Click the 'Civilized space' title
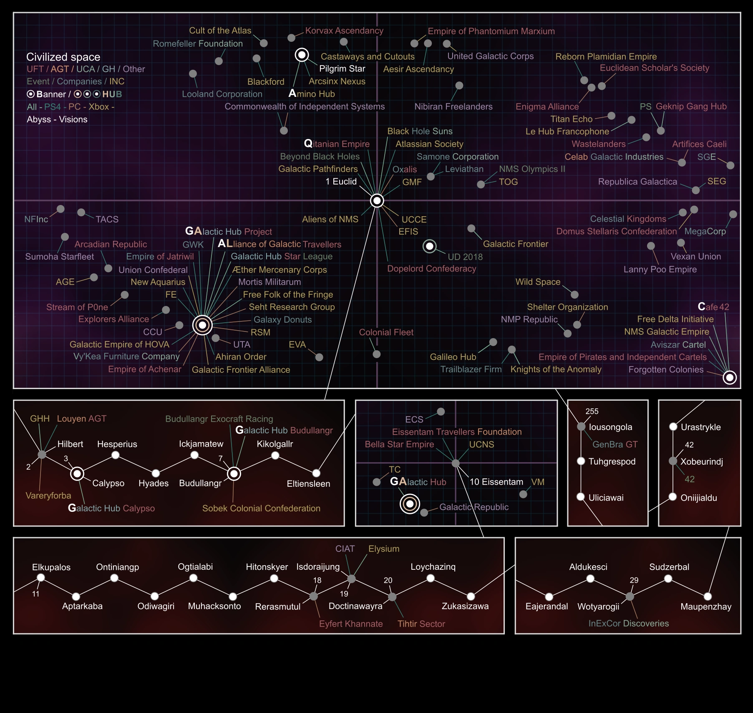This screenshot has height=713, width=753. tap(63, 57)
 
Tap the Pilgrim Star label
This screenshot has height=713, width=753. tap(342, 69)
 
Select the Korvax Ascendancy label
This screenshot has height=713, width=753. tap(344, 31)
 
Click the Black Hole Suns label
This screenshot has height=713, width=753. tap(420, 131)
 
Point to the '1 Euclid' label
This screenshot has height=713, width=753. tap(341, 182)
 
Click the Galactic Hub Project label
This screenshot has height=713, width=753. tap(228, 231)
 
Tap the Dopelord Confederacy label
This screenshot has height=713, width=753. tap(431, 269)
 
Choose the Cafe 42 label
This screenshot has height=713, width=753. tap(713, 307)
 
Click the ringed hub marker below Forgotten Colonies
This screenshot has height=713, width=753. tap(729, 377)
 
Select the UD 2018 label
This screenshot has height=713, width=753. tap(465, 257)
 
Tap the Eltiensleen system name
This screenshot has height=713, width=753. tap(308, 484)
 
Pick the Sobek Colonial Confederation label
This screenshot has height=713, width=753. tap(261, 508)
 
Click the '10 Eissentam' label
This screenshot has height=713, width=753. tap(496, 482)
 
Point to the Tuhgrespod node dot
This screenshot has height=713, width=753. tap(581, 461)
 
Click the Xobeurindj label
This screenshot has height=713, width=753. tap(701, 462)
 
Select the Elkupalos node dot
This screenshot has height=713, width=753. tap(41, 578)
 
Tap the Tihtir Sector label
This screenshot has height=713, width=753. tap(421, 624)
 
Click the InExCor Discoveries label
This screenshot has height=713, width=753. tap(628, 624)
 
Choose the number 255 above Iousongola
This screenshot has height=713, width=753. tap(592, 412)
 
